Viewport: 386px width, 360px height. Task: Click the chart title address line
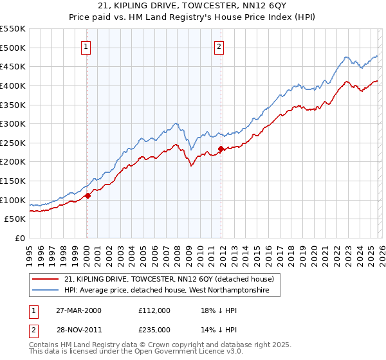(x=192, y=7)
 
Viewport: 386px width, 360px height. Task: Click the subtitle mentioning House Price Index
(x=192, y=17)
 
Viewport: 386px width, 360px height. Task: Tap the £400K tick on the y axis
(x=13, y=85)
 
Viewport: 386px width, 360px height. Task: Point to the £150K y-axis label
(x=13, y=181)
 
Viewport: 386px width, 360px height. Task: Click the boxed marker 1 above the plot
(x=86, y=46)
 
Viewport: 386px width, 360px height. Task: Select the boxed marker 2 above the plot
(x=219, y=46)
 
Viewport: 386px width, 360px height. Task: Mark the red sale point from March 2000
(x=88, y=196)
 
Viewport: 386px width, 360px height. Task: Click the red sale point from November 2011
(x=221, y=149)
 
